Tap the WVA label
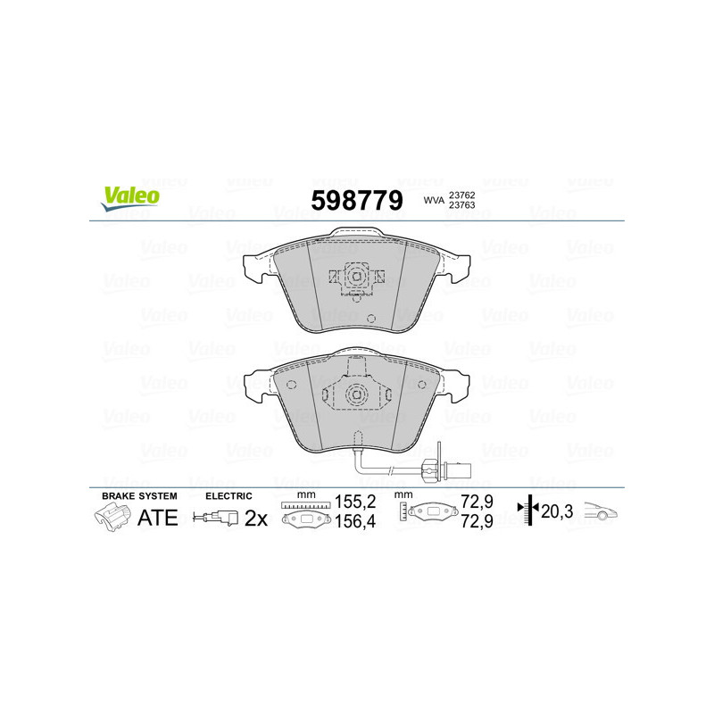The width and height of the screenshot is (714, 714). (435, 202)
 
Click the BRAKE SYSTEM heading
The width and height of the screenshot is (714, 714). (139, 495)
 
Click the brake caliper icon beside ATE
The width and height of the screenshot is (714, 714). (112, 516)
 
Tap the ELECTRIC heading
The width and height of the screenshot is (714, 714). (228, 495)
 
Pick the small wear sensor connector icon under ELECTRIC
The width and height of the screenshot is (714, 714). (217, 517)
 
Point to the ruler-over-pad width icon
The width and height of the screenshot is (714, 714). (304, 514)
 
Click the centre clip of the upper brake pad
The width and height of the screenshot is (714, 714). (355, 278)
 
